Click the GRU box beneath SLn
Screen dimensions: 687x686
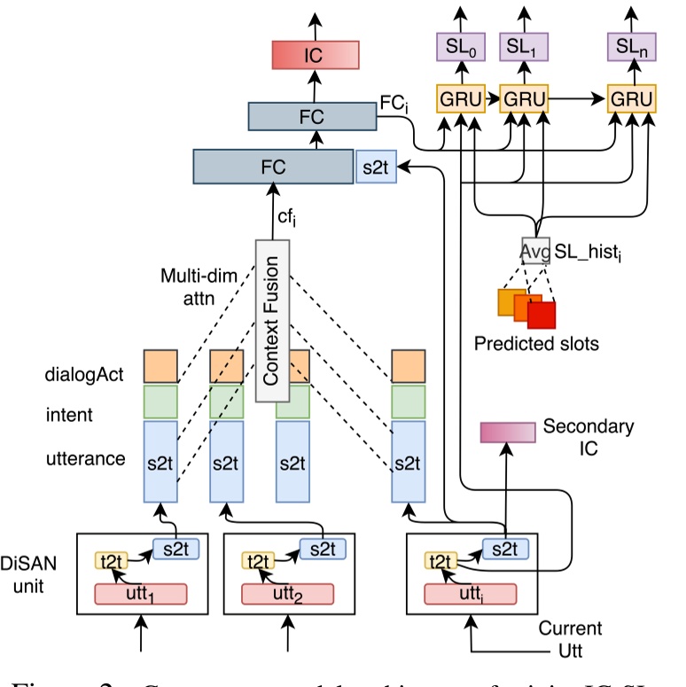click(x=632, y=98)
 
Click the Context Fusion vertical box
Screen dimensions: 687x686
click(x=272, y=320)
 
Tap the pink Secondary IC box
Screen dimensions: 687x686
click(x=508, y=432)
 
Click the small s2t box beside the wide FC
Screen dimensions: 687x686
click(x=376, y=166)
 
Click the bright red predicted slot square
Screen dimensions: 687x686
click(x=541, y=314)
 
